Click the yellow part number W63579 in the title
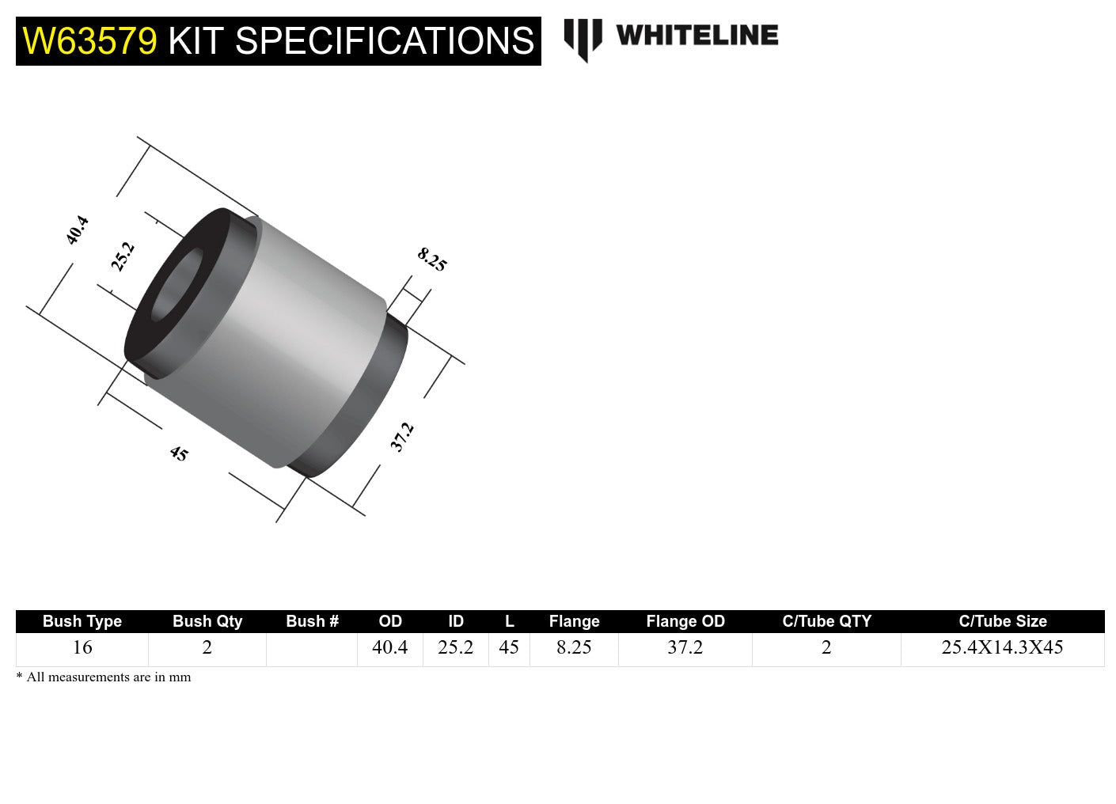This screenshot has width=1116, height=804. click(x=90, y=41)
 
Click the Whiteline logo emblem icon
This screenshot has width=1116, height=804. click(x=583, y=39)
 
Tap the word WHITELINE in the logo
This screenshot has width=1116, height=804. click(x=697, y=36)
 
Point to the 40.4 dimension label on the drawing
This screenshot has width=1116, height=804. click(x=78, y=230)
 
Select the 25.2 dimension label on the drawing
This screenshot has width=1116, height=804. click(x=123, y=257)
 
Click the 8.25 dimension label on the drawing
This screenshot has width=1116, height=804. click(x=432, y=260)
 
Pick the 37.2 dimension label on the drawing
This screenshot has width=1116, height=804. click(x=402, y=437)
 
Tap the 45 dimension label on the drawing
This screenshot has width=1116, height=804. click(x=179, y=454)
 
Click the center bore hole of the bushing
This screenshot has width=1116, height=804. click(x=176, y=286)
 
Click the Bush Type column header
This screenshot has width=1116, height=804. click(x=82, y=621)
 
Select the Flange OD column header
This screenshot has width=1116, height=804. click(x=685, y=621)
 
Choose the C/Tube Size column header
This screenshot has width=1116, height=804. click(x=1002, y=621)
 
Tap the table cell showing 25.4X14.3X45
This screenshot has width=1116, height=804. click(x=1002, y=647)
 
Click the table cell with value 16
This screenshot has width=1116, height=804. click(x=82, y=647)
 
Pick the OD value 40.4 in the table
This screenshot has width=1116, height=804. click(x=389, y=647)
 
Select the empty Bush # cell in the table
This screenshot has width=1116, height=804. click(x=312, y=649)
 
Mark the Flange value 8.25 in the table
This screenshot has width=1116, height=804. click(x=574, y=647)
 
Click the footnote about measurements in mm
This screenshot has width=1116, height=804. click(x=104, y=677)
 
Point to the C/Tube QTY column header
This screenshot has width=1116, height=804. click(x=826, y=621)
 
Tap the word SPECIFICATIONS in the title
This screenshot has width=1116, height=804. click(x=385, y=41)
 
